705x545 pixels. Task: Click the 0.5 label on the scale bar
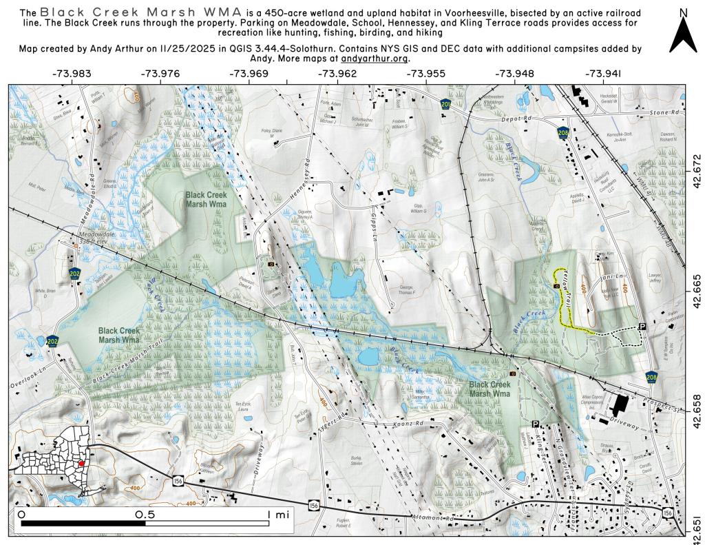tap(145, 514)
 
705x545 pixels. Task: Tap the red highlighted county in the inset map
tap(81, 464)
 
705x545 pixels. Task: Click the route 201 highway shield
tap(446, 104)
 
